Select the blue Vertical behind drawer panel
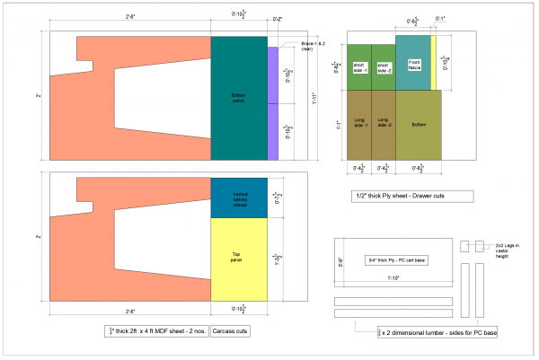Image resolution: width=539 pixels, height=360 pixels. click(x=239, y=198)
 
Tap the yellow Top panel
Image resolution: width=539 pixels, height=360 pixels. click(x=239, y=259)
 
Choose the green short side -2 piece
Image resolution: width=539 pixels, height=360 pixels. click(x=384, y=66)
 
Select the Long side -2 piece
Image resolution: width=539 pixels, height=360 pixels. click(x=384, y=123)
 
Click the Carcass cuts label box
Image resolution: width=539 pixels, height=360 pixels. click(x=230, y=330)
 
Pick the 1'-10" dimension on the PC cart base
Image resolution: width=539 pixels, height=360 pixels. click(x=393, y=281)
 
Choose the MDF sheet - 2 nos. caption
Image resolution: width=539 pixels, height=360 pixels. click(x=158, y=330)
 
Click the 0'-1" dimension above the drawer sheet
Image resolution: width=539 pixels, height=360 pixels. click(x=440, y=19)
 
